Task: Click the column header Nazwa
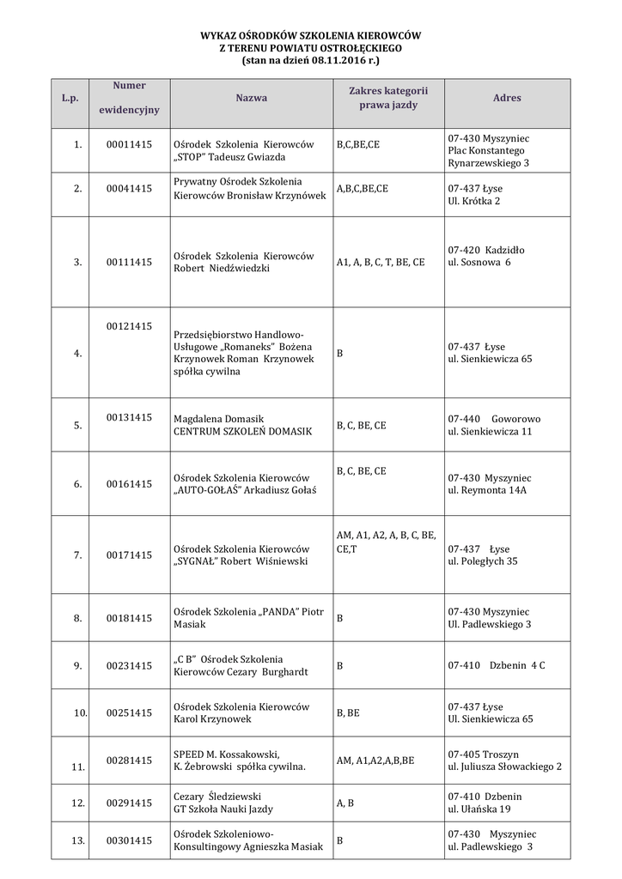coord(251,98)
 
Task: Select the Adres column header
coord(507,98)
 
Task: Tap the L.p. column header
coord(70,99)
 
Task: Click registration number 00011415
coord(129,144)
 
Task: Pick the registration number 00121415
coord(129,326)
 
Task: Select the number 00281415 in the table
coord(129,761)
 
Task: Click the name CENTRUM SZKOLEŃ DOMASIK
coord(243,431)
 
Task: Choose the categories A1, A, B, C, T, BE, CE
coord(381,262)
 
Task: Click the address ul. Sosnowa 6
coord(479,262)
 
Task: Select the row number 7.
coord(77,555)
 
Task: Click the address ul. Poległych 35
coord(483,561)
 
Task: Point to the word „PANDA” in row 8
coord(280,611)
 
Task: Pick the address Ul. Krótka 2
coord(474,200)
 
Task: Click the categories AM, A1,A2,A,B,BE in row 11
coord(375,761)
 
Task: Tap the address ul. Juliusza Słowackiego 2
coord(505,767)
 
